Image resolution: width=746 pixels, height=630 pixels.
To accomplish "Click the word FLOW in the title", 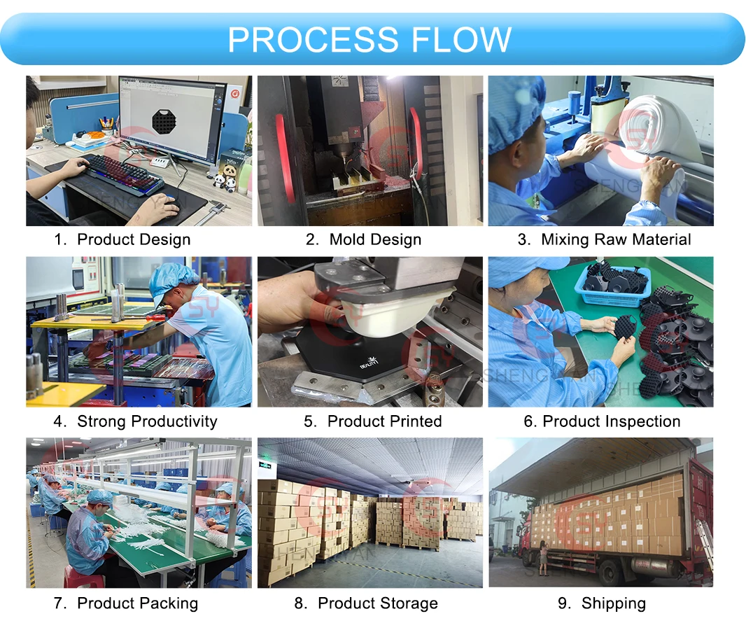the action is (461, 40).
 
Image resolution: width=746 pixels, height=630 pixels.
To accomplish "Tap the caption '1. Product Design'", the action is (122, 239).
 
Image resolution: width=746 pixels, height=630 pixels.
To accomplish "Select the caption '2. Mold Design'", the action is (363, 239).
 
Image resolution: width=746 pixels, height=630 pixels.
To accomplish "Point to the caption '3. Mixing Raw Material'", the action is (604, 239).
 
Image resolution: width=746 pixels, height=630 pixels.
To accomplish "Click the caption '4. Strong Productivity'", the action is (136, 421).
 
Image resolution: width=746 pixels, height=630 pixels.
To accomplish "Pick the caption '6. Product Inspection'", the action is (602, 421).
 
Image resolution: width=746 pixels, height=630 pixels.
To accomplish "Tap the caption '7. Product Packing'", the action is (126, 603).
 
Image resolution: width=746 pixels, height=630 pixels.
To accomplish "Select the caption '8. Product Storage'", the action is (366, 603).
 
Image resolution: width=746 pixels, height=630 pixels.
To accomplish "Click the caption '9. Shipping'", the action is (602, 603).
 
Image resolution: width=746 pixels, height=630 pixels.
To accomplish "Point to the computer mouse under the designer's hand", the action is (171, 203).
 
